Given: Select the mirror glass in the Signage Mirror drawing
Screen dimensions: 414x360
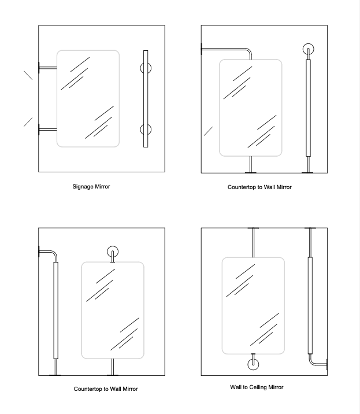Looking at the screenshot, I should (88, 98).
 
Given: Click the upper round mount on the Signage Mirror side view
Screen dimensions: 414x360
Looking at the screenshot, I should (145, 68).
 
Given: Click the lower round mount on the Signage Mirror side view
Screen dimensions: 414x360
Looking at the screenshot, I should (145, 130).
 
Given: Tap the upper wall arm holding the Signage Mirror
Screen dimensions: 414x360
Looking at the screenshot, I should (47, 68).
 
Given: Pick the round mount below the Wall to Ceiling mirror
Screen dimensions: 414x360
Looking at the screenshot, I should (253, 364).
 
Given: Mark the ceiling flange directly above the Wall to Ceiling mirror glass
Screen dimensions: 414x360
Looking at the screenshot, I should (253, 228).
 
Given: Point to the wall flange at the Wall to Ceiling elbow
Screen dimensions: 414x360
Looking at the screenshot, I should (327, 365).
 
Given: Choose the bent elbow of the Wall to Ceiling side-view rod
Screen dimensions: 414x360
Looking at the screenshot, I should (313, 362).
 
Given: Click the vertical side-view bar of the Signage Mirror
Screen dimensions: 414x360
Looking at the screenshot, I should (145, 98).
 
